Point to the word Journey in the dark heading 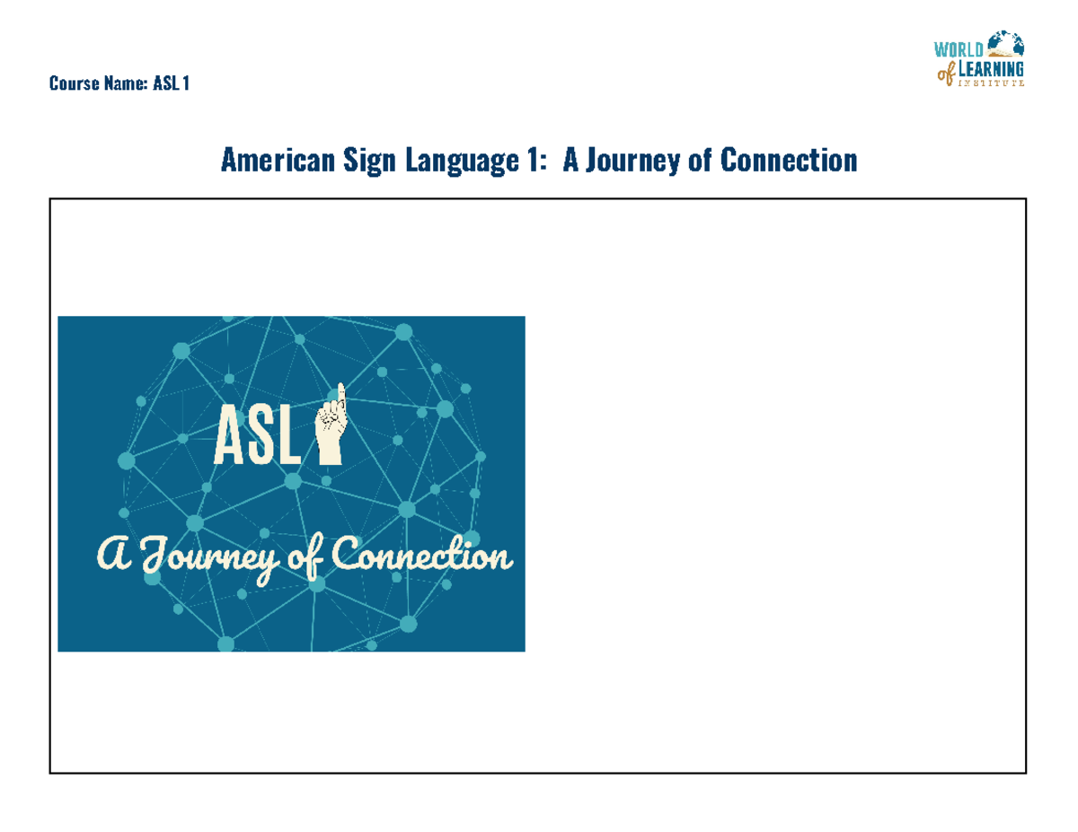629,162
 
